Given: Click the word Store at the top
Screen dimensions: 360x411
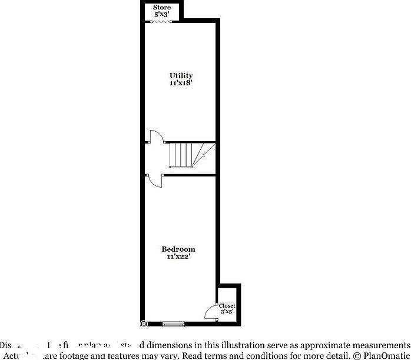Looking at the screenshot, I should click(162, 8).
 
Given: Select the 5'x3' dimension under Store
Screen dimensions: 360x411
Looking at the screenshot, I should click(162, 14).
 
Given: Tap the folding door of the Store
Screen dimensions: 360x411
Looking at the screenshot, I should click(161, 22).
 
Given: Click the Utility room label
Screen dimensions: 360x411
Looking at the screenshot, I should click(181, 76).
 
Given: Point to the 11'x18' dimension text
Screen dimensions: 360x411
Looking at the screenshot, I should click(181, 84).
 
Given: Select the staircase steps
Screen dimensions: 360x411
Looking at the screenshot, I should click(181, 155).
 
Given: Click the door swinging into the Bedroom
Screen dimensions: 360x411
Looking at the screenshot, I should click(155, 180).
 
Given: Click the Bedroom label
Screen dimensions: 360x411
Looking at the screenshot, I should click(178, 249).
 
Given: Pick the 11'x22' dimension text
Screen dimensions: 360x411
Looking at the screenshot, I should click(178, 256).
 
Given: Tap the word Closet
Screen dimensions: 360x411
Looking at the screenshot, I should click(227, 306).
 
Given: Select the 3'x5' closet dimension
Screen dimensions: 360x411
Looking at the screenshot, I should click(227, 312).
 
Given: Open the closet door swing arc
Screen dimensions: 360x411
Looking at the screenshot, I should click(210, 312).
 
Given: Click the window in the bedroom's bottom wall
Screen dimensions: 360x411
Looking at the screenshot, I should click(174, 324).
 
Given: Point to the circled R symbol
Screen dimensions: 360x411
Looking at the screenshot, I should click(144, 324).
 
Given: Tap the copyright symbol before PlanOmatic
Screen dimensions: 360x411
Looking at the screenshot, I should click(356, 356).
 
